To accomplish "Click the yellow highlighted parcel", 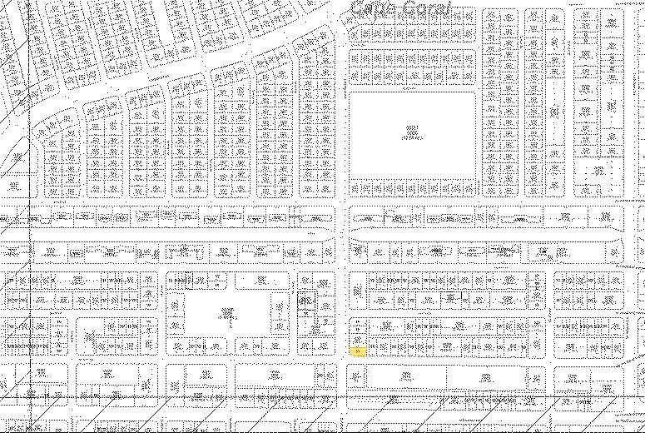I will (358, 351).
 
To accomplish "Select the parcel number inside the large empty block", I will (411, 132).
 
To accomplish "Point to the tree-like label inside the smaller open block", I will (227, 314).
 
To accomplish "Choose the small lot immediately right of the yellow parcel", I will (372, 347).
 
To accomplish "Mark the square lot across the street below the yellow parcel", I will (358, 377).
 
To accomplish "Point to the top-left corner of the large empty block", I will (349, 92).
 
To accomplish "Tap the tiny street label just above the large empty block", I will (408, 87).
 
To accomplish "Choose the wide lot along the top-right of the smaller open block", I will (261, 281).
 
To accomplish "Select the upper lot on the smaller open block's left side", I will (175, 304).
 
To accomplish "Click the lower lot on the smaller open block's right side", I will (280, 323).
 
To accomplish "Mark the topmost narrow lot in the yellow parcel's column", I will (358, 321).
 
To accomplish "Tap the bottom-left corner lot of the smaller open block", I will (175, 345).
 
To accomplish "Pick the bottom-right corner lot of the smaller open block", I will (280, 345).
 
